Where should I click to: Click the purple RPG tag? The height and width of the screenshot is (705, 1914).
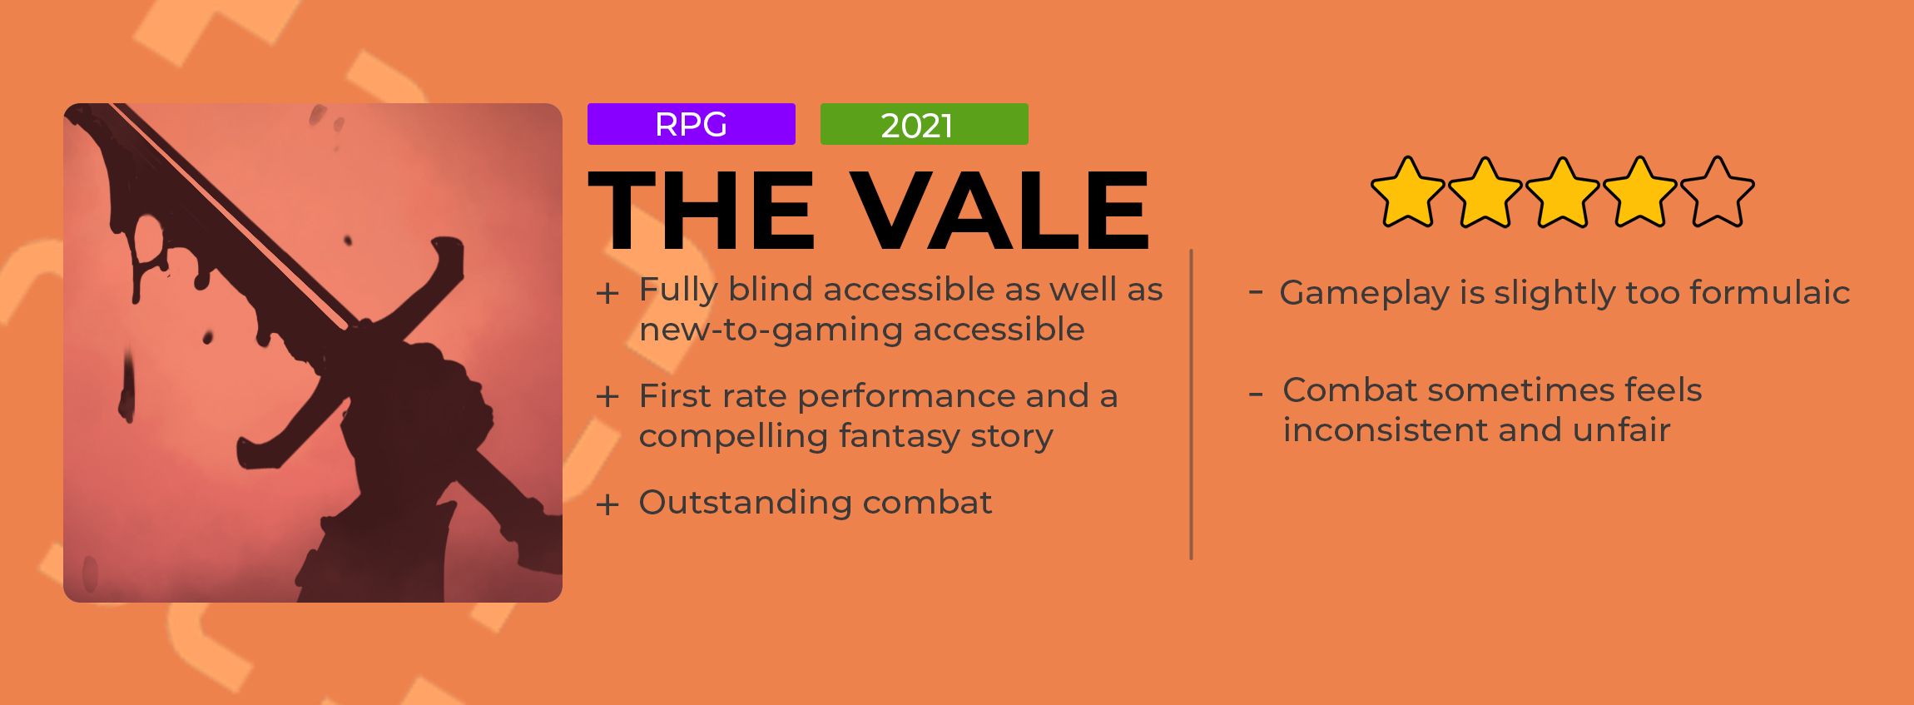click(x=691, y=124)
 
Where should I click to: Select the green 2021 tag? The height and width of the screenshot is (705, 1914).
click(x=924, y=124)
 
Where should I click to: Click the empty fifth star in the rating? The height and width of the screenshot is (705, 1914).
click(x=1717, y=193)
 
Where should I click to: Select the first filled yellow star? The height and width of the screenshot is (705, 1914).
click(x=1407, y=193)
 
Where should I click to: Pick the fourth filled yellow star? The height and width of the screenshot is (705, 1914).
click(x=1639, y=193)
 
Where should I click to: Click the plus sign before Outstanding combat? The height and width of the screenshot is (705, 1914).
click(x=607, y=504)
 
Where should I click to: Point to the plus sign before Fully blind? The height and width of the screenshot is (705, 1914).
click(x=607, y=293)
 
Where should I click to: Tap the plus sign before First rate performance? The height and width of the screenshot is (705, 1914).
click(x=607, y=397)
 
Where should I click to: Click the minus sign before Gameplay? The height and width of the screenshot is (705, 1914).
click(x=1256, y=292)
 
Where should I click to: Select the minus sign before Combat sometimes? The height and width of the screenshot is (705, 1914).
click(x=1256, y=393)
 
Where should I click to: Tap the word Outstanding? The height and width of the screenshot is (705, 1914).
click(x=744, y=503)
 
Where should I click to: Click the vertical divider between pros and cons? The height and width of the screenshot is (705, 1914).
click(x=1191, y=404)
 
